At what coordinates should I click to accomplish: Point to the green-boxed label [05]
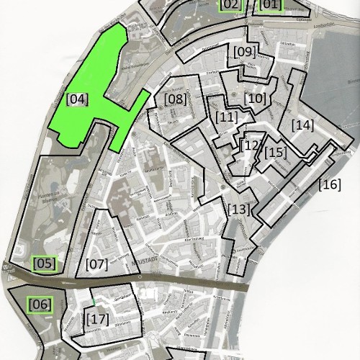[45, 264]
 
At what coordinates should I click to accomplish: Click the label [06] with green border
[40, 305]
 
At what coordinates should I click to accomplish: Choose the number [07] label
[96, 264]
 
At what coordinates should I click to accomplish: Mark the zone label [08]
[175, 99]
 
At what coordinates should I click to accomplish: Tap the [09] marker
[244, 52]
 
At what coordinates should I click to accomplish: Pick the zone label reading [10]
[255, 98]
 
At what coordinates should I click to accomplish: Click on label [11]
[226, 117]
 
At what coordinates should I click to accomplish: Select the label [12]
[251, 145]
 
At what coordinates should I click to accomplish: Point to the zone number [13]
[238, 210]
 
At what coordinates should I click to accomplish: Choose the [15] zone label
[275, 153]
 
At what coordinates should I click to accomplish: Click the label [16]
[330, 184]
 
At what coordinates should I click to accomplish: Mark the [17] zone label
[96, 318]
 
